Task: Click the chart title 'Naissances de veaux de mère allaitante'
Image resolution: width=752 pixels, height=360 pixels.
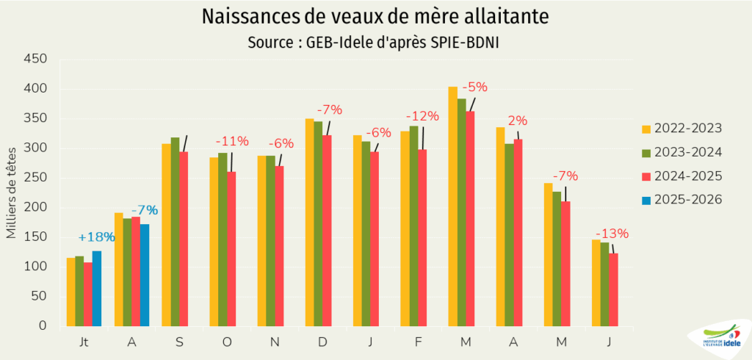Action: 376,17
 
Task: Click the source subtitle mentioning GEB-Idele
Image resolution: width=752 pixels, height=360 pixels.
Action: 376,43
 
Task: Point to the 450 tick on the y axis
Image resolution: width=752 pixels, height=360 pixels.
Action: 37,60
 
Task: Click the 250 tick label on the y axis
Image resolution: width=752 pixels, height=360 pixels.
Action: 37,178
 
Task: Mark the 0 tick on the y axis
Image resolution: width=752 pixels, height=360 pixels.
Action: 43,325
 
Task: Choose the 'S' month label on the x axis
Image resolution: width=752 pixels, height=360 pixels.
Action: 179,343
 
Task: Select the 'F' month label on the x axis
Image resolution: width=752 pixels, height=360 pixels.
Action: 418,343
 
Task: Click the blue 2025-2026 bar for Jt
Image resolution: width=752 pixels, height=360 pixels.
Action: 97,289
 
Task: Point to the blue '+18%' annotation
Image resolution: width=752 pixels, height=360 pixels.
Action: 97,237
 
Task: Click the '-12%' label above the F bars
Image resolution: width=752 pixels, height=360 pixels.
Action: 422,116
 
